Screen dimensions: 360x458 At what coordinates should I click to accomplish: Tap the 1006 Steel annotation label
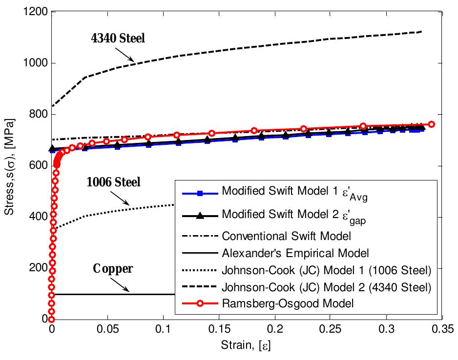tap(113, 182)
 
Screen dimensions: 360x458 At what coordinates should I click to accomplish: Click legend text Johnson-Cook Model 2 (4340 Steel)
tap(326, 286)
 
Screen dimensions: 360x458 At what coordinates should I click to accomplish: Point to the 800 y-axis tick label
tap(39, 115)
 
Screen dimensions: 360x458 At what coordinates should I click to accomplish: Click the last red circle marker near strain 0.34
tap(431, 124)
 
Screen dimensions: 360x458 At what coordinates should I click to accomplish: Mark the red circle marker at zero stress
tap(51, 319)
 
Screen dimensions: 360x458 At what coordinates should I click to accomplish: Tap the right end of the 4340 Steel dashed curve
tap(421, 32)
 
